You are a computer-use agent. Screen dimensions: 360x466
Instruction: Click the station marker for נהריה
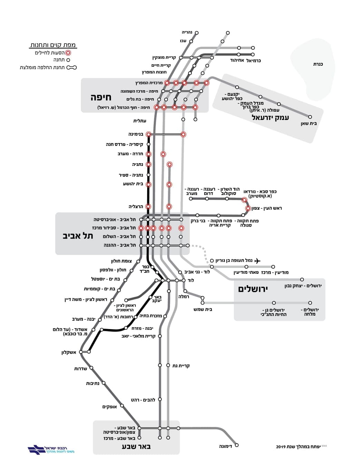(197, 33)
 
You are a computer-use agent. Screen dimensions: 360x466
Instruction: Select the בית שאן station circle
(310, 117)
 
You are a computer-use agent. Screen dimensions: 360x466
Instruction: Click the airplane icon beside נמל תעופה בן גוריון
(257, 261)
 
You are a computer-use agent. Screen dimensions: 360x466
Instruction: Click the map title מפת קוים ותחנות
(53, 45)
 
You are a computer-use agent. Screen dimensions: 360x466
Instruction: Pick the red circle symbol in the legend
(68, 53)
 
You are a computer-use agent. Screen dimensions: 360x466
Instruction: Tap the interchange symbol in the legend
(72, 67)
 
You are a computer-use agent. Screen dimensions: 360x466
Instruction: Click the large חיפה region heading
(101, 97)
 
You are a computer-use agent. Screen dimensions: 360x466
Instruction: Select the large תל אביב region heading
(78, 236)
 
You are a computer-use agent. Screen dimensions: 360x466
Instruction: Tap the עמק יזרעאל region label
(270, 118)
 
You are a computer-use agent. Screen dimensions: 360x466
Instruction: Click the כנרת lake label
(318, 64)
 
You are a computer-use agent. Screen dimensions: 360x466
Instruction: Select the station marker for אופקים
(122, 406)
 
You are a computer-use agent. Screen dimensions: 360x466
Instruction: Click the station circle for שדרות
(91, 368)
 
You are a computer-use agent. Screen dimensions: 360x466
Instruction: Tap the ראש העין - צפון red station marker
(248, 208)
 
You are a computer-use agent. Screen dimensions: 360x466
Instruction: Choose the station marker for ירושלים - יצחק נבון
(302, 279)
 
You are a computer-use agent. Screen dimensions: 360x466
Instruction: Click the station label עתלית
(140, 121)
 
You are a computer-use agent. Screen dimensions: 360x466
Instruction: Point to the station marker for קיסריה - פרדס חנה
(148, 144)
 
